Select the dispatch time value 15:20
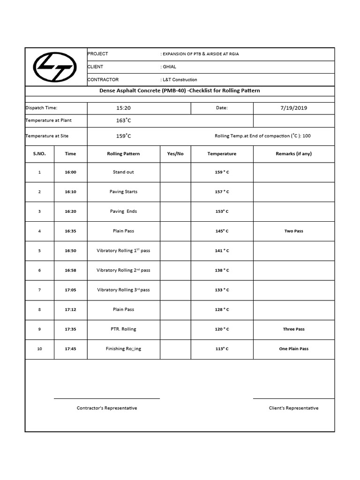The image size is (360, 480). tap(123, 108)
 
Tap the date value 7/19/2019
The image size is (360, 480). tap(293, 108)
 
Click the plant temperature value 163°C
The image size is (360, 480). tap(123, 120)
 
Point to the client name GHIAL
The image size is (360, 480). tap(169, 67)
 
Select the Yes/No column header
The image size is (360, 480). tap(175, 154)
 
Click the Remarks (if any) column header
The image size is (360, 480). tap(293, 154)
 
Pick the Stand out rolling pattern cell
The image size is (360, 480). tap(123, 172)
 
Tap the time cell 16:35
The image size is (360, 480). tap(70, 231)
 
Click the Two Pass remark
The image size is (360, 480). tap(293, 231)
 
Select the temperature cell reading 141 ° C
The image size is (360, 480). tap(222, 251)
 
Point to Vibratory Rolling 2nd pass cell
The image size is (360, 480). tap(123, 270)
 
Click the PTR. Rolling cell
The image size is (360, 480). tap(123, 329)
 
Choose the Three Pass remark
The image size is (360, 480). tap(293, 329)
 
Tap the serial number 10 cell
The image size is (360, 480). tap(39, 349)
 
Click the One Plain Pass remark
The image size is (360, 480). tap(293, 349)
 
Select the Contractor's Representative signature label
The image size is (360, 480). tap(107, 408)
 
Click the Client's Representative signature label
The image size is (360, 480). tap(293, 408)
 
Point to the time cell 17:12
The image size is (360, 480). tap(70, 309)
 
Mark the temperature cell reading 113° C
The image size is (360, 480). tap(222, 349)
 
